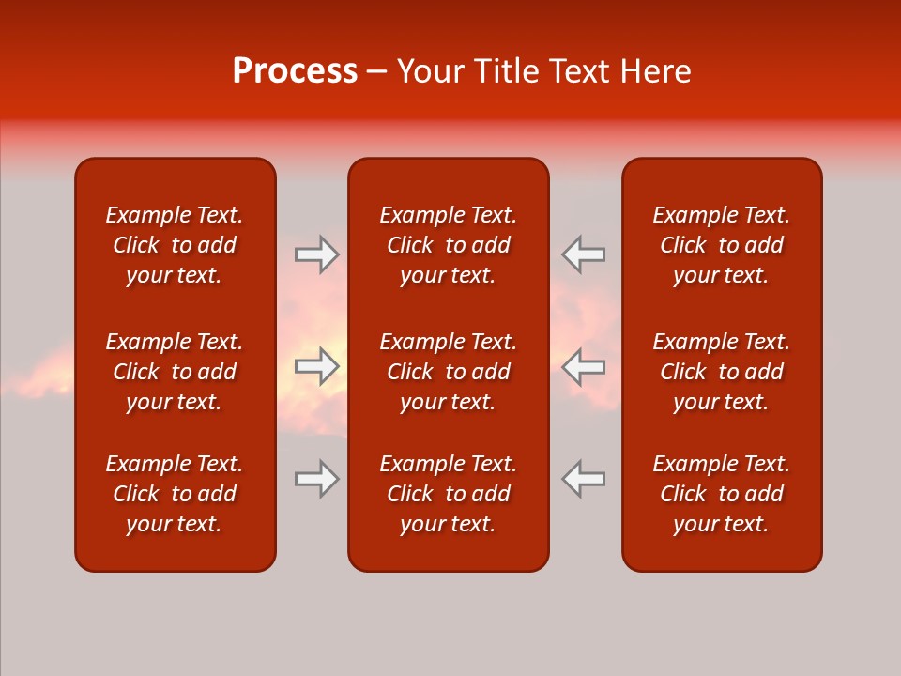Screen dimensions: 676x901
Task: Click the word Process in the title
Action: [295, 71]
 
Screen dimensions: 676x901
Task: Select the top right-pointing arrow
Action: [316, 254]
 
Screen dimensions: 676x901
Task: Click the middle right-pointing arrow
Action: [316, 366]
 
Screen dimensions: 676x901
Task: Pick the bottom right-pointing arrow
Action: [316, 479]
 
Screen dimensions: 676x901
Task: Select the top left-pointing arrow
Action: [584, 254]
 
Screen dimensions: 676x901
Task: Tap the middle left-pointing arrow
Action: [584, 366]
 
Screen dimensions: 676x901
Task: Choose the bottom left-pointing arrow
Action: [584, 479]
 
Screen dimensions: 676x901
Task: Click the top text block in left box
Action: [175, 245]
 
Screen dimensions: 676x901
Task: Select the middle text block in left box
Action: [175, 372]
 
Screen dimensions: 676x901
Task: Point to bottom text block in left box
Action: [175, 494]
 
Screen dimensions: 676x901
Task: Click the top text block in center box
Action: [448, 245]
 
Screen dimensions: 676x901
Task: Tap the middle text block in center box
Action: [448, 372]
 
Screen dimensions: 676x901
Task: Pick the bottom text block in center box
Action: [448, 494]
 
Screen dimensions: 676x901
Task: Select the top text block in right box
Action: [721, 245]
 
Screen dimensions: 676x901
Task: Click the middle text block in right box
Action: [721, 372]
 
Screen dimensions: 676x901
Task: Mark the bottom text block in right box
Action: [721, 494]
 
